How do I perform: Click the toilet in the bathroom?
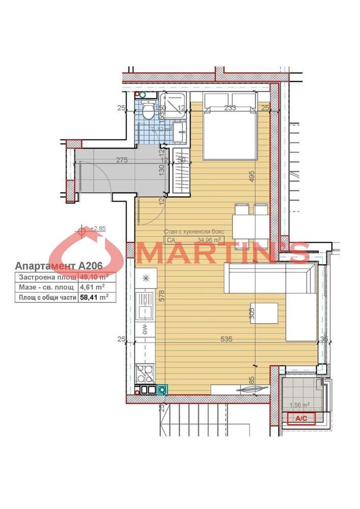tap(148, 110)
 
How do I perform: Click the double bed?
tap(229, 127)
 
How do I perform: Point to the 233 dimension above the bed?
tap(230, 107)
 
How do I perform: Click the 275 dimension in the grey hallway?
tap(121, 160)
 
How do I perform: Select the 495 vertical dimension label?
tap(251, 176)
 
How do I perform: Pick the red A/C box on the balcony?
tap(302, 418)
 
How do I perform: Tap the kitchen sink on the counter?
tap(146, 304)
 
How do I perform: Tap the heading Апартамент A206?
tap(59, 266)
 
